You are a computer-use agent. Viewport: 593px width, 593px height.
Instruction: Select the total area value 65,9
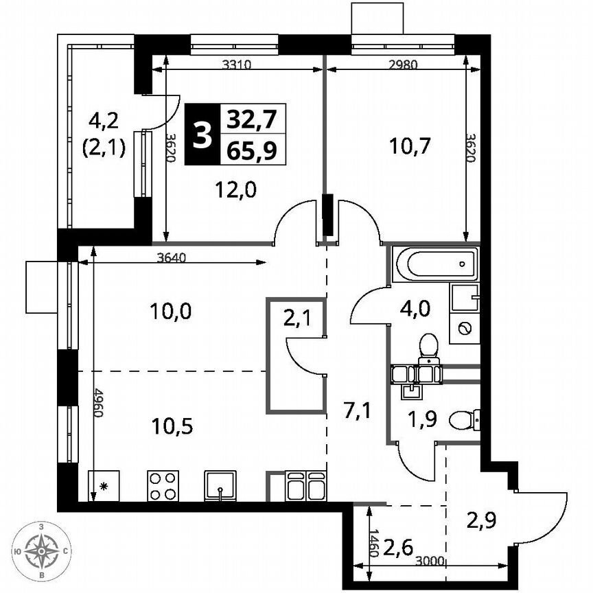[252, 150]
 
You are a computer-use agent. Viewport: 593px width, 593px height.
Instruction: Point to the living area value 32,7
[252, 120]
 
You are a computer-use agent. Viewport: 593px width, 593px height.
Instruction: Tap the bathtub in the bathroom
[435, 264]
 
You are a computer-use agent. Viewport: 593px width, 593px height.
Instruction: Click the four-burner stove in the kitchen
[163, 486]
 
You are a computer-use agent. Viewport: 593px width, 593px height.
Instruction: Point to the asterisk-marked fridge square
[104, 486]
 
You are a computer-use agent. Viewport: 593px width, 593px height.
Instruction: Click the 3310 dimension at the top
[238, 66]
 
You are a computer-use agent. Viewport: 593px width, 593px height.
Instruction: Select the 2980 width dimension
[403, 66]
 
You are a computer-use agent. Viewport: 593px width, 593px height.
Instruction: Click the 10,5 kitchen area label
[172, 426]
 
